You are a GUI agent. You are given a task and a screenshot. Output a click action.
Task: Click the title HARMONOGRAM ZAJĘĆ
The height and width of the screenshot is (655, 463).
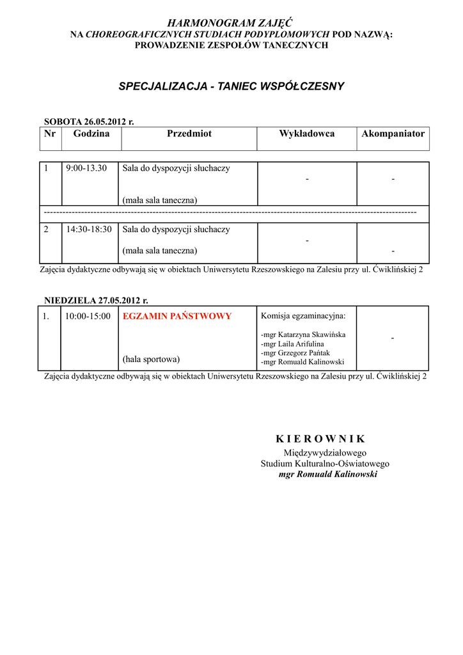click(x=231, y=23)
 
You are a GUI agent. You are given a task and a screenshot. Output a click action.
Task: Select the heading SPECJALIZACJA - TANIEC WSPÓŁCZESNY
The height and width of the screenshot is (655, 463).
click(x=231, y=86)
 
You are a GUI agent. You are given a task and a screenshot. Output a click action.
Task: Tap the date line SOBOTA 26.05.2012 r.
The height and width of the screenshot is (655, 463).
click(x=89, y=122)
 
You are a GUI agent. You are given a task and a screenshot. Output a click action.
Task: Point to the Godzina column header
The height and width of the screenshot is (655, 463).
click(x=91, y=134)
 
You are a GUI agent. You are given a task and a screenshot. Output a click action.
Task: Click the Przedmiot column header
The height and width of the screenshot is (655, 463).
click(x=189, y=134)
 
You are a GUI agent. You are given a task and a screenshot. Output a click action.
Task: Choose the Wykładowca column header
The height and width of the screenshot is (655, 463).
click(x=306, y=134)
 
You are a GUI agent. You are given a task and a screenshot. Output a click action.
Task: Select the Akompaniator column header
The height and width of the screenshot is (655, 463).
click(x=393, y=134)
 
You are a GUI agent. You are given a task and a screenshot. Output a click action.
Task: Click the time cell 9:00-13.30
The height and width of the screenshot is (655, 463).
click(x=87, y=168)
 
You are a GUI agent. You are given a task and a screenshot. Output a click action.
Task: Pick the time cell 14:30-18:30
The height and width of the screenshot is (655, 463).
click(x=89, y=229)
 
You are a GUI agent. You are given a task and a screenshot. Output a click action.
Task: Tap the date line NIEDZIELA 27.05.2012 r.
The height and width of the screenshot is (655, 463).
click(x=96, y=300)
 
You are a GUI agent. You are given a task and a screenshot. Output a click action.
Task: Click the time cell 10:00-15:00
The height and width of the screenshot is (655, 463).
click(x=88, y=316)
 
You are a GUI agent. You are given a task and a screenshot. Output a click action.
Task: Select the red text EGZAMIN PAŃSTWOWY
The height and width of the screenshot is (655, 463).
click(x=177, y=316)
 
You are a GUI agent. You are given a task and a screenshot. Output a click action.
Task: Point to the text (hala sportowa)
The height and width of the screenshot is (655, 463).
click(x=151, y=358)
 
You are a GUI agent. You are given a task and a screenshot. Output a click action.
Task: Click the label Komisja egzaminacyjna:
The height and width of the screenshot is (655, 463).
click(x=303, y=316)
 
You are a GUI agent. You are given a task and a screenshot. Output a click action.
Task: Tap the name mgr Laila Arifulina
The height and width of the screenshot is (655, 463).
click(x=292, y=343)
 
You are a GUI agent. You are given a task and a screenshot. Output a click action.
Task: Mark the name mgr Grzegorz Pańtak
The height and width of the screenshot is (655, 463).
click(x=296, y=352)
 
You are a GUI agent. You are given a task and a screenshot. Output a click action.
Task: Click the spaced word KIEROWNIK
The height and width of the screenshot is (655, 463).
click(x=320, y=439)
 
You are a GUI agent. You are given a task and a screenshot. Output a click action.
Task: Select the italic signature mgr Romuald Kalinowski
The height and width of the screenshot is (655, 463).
click(x=328, y=475)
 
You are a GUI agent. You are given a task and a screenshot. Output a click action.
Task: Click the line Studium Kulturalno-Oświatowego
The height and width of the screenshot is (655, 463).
click(x=325, y=464)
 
